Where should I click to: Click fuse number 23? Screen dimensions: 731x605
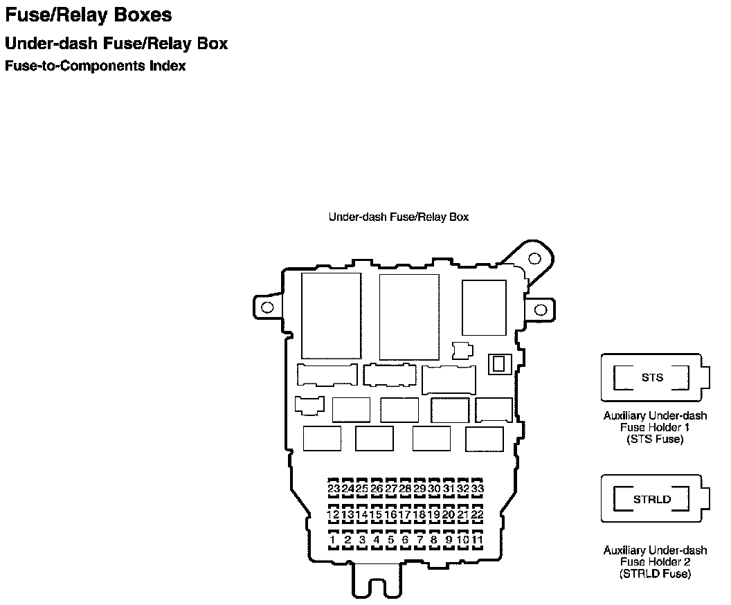pyautogui.click(x=334, y=489)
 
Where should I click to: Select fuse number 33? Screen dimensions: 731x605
pyautogui.click(x=478, y=489)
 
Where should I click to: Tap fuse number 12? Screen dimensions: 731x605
pyautogui.click(x=334, y=515)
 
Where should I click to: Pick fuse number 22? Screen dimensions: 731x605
pyautogui.click(x=478, y=515)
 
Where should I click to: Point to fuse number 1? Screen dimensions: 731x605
pyautogui.click(x=333, y=540)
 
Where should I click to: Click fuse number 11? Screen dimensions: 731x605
pyautogui.click(x=478, y=540)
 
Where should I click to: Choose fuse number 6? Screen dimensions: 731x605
pyautogui.click(x=405, y=540)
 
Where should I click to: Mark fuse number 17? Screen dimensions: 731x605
pyautogui.click(x=405, y=515)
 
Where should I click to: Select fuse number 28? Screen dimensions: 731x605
pyautogui.click(x=405, y=489)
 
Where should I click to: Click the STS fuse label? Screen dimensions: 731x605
pyautogui.click(x=652, y=377)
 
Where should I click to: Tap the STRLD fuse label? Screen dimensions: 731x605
pyautogui.click(x=652, y=499)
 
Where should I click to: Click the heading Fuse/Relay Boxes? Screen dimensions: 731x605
pyautogui.click(x=88, y=15)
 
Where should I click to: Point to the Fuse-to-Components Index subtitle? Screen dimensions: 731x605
pyautogui.click(x=95, y=66)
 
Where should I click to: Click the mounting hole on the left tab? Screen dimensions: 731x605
pyautogui.click(x=267, y=307)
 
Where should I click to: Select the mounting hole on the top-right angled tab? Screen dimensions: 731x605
pyautogui.click(x=534, y=259)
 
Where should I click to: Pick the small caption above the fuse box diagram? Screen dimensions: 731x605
pyautogui.click(x=399, y=217)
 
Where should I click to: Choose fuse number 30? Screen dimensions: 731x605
pyautogui.click(x=434, y=489)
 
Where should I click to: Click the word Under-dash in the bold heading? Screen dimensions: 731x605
pyautogui.click(x=51, y=44)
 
